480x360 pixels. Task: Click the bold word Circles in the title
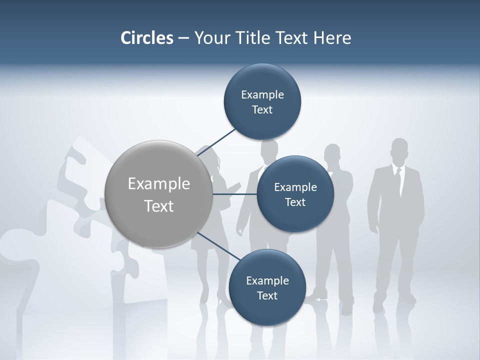click(147, 38)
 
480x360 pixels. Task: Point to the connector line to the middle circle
click(235, 193)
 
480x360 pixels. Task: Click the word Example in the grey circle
click(159, 184)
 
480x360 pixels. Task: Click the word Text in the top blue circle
click(262, 110)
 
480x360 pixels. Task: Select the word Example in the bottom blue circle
click(267, 281)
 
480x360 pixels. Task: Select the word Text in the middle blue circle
click(295, 202)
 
